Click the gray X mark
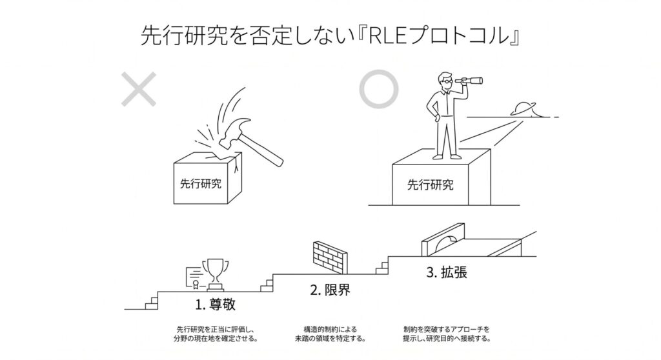139,89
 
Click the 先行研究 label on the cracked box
201,184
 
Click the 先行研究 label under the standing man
430,185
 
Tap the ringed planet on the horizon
524,109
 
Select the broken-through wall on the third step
443,239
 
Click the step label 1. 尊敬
215,304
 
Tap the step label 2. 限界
330,290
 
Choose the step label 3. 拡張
447,272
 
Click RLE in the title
387,36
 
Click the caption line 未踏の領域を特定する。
330,339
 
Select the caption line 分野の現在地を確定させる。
216,339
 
